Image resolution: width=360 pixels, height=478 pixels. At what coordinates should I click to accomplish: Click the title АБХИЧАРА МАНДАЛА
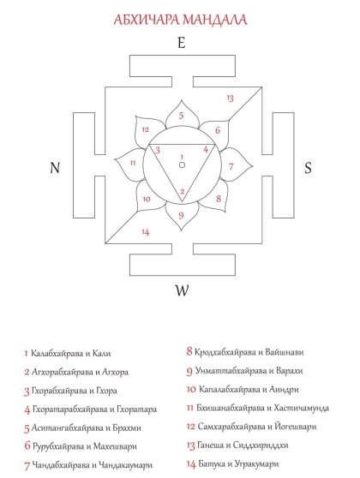[x=180, y=20]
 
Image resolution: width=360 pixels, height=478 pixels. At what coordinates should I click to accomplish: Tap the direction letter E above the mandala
[x=182, y=42]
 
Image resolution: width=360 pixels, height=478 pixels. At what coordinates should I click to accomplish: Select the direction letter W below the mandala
[x=182, y=290]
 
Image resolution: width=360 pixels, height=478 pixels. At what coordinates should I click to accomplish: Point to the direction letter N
[x=55, y=168]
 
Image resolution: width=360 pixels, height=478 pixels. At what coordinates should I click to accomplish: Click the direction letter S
[x=308, y=168]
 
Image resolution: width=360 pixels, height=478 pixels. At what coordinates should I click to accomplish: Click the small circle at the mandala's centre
[x=182, y=165]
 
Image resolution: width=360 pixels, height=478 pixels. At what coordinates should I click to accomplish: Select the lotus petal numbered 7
[x=236, y=165]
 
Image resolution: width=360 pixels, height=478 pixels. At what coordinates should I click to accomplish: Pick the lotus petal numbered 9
[x=182, y=216]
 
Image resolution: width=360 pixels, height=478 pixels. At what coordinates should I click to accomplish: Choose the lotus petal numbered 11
[x=129, y=164]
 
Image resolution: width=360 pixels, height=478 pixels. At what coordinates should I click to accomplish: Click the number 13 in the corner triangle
[x=231, y=98]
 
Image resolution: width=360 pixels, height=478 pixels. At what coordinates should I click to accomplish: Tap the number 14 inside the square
[x=146, y=232]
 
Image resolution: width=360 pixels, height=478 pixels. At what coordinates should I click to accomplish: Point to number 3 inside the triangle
[x=158, y=150]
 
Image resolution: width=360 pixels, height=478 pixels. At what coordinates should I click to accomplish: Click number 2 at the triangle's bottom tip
[x=182, y=192]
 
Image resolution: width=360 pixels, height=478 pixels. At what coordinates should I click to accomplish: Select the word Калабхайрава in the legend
[x=57, y=354]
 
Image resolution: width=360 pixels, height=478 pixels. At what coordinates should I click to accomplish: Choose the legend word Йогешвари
[x=296, y=427]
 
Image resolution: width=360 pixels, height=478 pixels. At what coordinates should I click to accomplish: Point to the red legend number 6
[x=27, y=446]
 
